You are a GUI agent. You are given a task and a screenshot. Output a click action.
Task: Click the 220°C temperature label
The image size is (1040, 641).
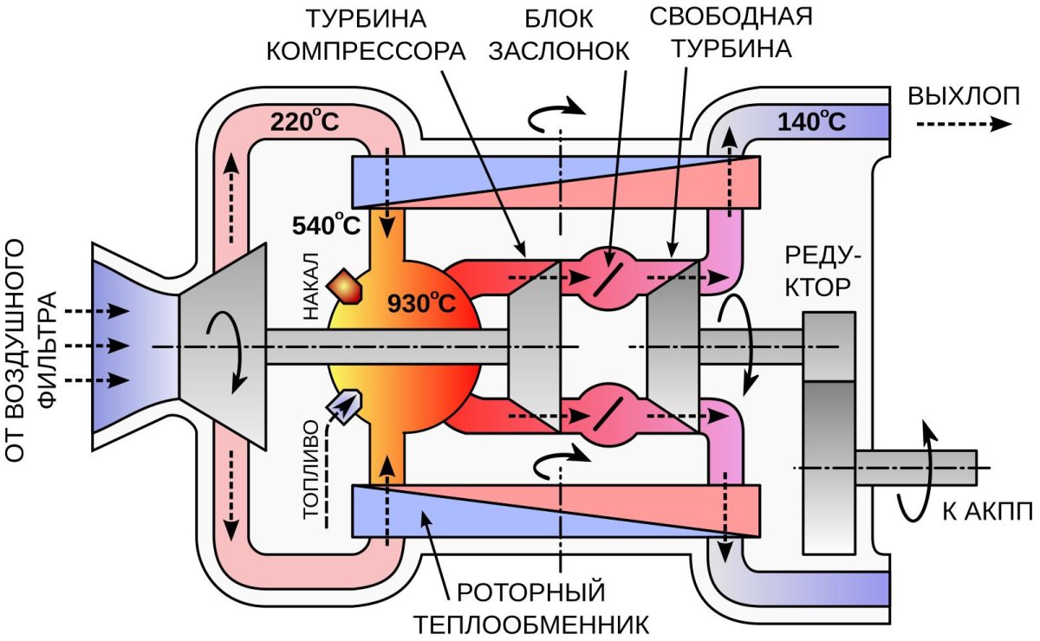304,121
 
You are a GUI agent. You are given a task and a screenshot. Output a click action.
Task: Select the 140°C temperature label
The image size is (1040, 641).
811,121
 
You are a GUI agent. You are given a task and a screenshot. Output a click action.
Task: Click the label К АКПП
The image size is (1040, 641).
987,511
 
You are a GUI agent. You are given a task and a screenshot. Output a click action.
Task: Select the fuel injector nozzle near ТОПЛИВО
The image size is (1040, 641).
345,406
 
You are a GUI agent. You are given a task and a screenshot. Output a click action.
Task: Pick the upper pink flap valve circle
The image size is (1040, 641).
605,278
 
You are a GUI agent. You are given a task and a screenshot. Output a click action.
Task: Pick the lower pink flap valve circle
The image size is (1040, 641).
605,417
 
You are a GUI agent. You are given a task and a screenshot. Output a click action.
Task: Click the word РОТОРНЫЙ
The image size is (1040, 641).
530,593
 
